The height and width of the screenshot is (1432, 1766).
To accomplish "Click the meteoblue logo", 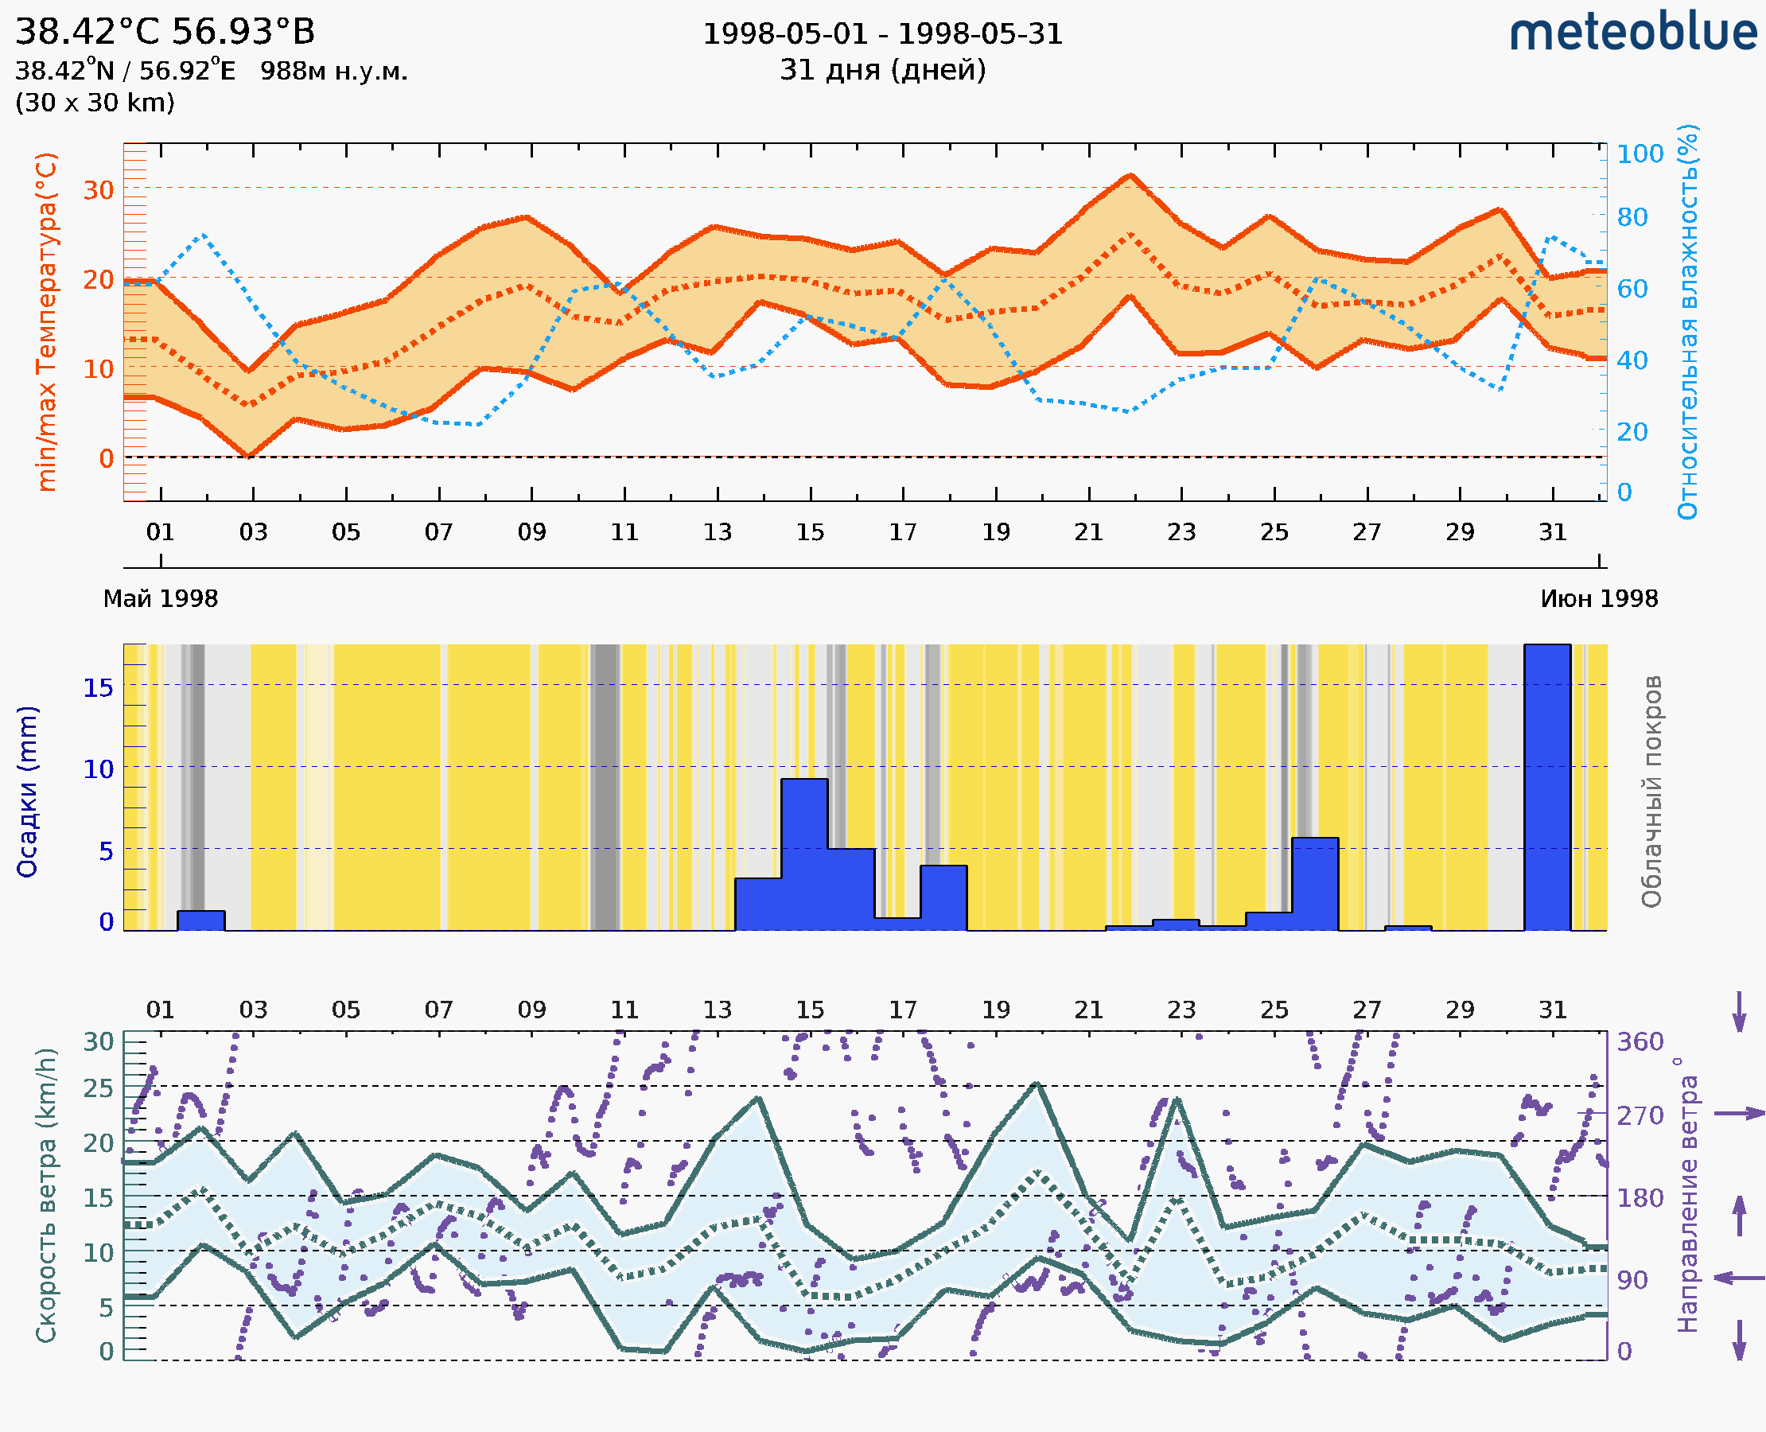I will [1632, 33].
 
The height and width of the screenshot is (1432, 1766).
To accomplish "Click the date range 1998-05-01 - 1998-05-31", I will [882, 34].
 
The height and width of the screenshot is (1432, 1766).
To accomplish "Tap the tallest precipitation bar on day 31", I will [1546, 788].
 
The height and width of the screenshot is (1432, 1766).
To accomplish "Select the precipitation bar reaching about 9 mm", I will [804, 854].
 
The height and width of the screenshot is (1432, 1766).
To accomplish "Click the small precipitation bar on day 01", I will [201, 920].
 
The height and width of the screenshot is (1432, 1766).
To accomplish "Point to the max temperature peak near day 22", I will [1132, 175].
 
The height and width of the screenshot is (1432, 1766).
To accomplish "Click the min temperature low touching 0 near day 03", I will [247, 455].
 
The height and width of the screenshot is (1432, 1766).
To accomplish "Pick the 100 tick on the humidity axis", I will [1640, 154].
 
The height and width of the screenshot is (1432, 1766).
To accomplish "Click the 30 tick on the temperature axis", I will [98, 189].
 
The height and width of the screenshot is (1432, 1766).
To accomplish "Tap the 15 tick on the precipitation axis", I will [98, 687].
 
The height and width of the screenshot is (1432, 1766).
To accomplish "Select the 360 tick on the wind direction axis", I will [1640, 1042].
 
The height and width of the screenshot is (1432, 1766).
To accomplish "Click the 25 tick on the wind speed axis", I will [98, 1089].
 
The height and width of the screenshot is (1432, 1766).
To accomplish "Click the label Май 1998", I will [161, 599].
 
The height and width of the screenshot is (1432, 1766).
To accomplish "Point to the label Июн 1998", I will [1599, 599].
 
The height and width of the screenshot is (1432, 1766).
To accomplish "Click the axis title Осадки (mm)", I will [27, 792].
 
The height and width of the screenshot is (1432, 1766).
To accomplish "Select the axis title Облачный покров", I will [1651, 792].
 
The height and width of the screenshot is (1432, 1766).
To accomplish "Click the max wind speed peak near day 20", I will [1037, 1084].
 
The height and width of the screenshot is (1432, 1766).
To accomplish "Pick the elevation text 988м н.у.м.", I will [334, 71].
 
